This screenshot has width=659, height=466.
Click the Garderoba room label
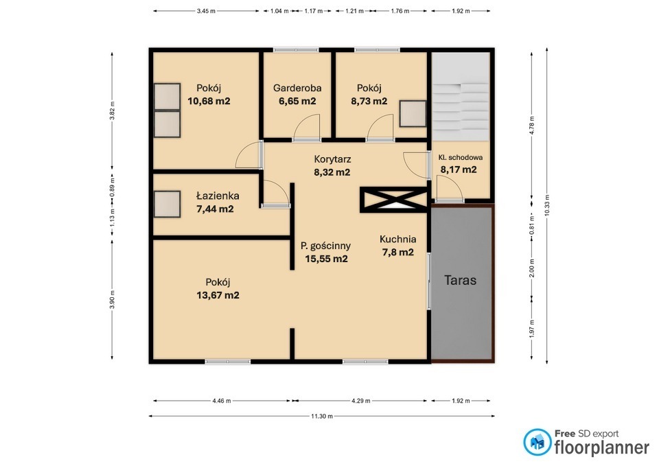click(297, 89)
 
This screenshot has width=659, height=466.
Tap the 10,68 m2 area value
click(209, 102)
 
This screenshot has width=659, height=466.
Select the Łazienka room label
click(218, 196)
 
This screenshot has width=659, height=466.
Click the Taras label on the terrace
click(460, 280)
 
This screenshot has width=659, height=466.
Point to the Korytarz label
click(332, 159)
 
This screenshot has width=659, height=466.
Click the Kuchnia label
click(398, 239)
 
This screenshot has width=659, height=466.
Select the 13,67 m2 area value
click(218, 295)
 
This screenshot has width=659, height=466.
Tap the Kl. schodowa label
click(460, 158)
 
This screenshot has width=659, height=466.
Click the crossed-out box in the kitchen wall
click(394, 200)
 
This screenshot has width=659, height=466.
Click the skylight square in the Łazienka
click(167, 205)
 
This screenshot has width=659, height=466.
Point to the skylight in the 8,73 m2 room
click(413, 113)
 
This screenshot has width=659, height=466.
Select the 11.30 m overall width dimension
click(322, 417)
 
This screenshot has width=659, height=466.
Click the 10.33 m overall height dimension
click(547, 205)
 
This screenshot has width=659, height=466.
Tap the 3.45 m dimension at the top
click(206, 11)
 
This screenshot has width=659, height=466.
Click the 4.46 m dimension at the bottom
click(222, 401)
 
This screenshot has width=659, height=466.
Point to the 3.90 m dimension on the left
click(112, 299)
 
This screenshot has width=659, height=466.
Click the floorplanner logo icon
click(537, 442)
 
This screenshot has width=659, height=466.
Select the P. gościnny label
click(325, 246)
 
